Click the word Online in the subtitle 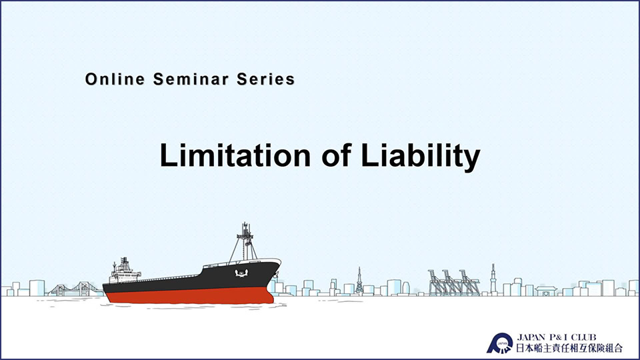tap(115, 79)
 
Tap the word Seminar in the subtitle tap(191, 79)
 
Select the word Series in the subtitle tap(266, 79)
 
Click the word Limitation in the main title tap(235, 155)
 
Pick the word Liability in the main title tap(421, 157)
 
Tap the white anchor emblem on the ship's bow tap(241, 273)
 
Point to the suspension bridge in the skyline tap(75, 289)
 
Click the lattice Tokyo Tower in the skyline tap(359, 281)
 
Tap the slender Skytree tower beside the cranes tap(493, 279)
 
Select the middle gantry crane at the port tap(452, 283)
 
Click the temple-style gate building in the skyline tap(546, 291)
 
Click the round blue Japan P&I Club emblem tap(500, 343)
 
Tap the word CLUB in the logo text tap(584, 337)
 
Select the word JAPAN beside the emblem tap(531, 337)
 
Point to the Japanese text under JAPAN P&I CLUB tap(569, 348)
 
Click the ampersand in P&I tap(559, 337)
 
